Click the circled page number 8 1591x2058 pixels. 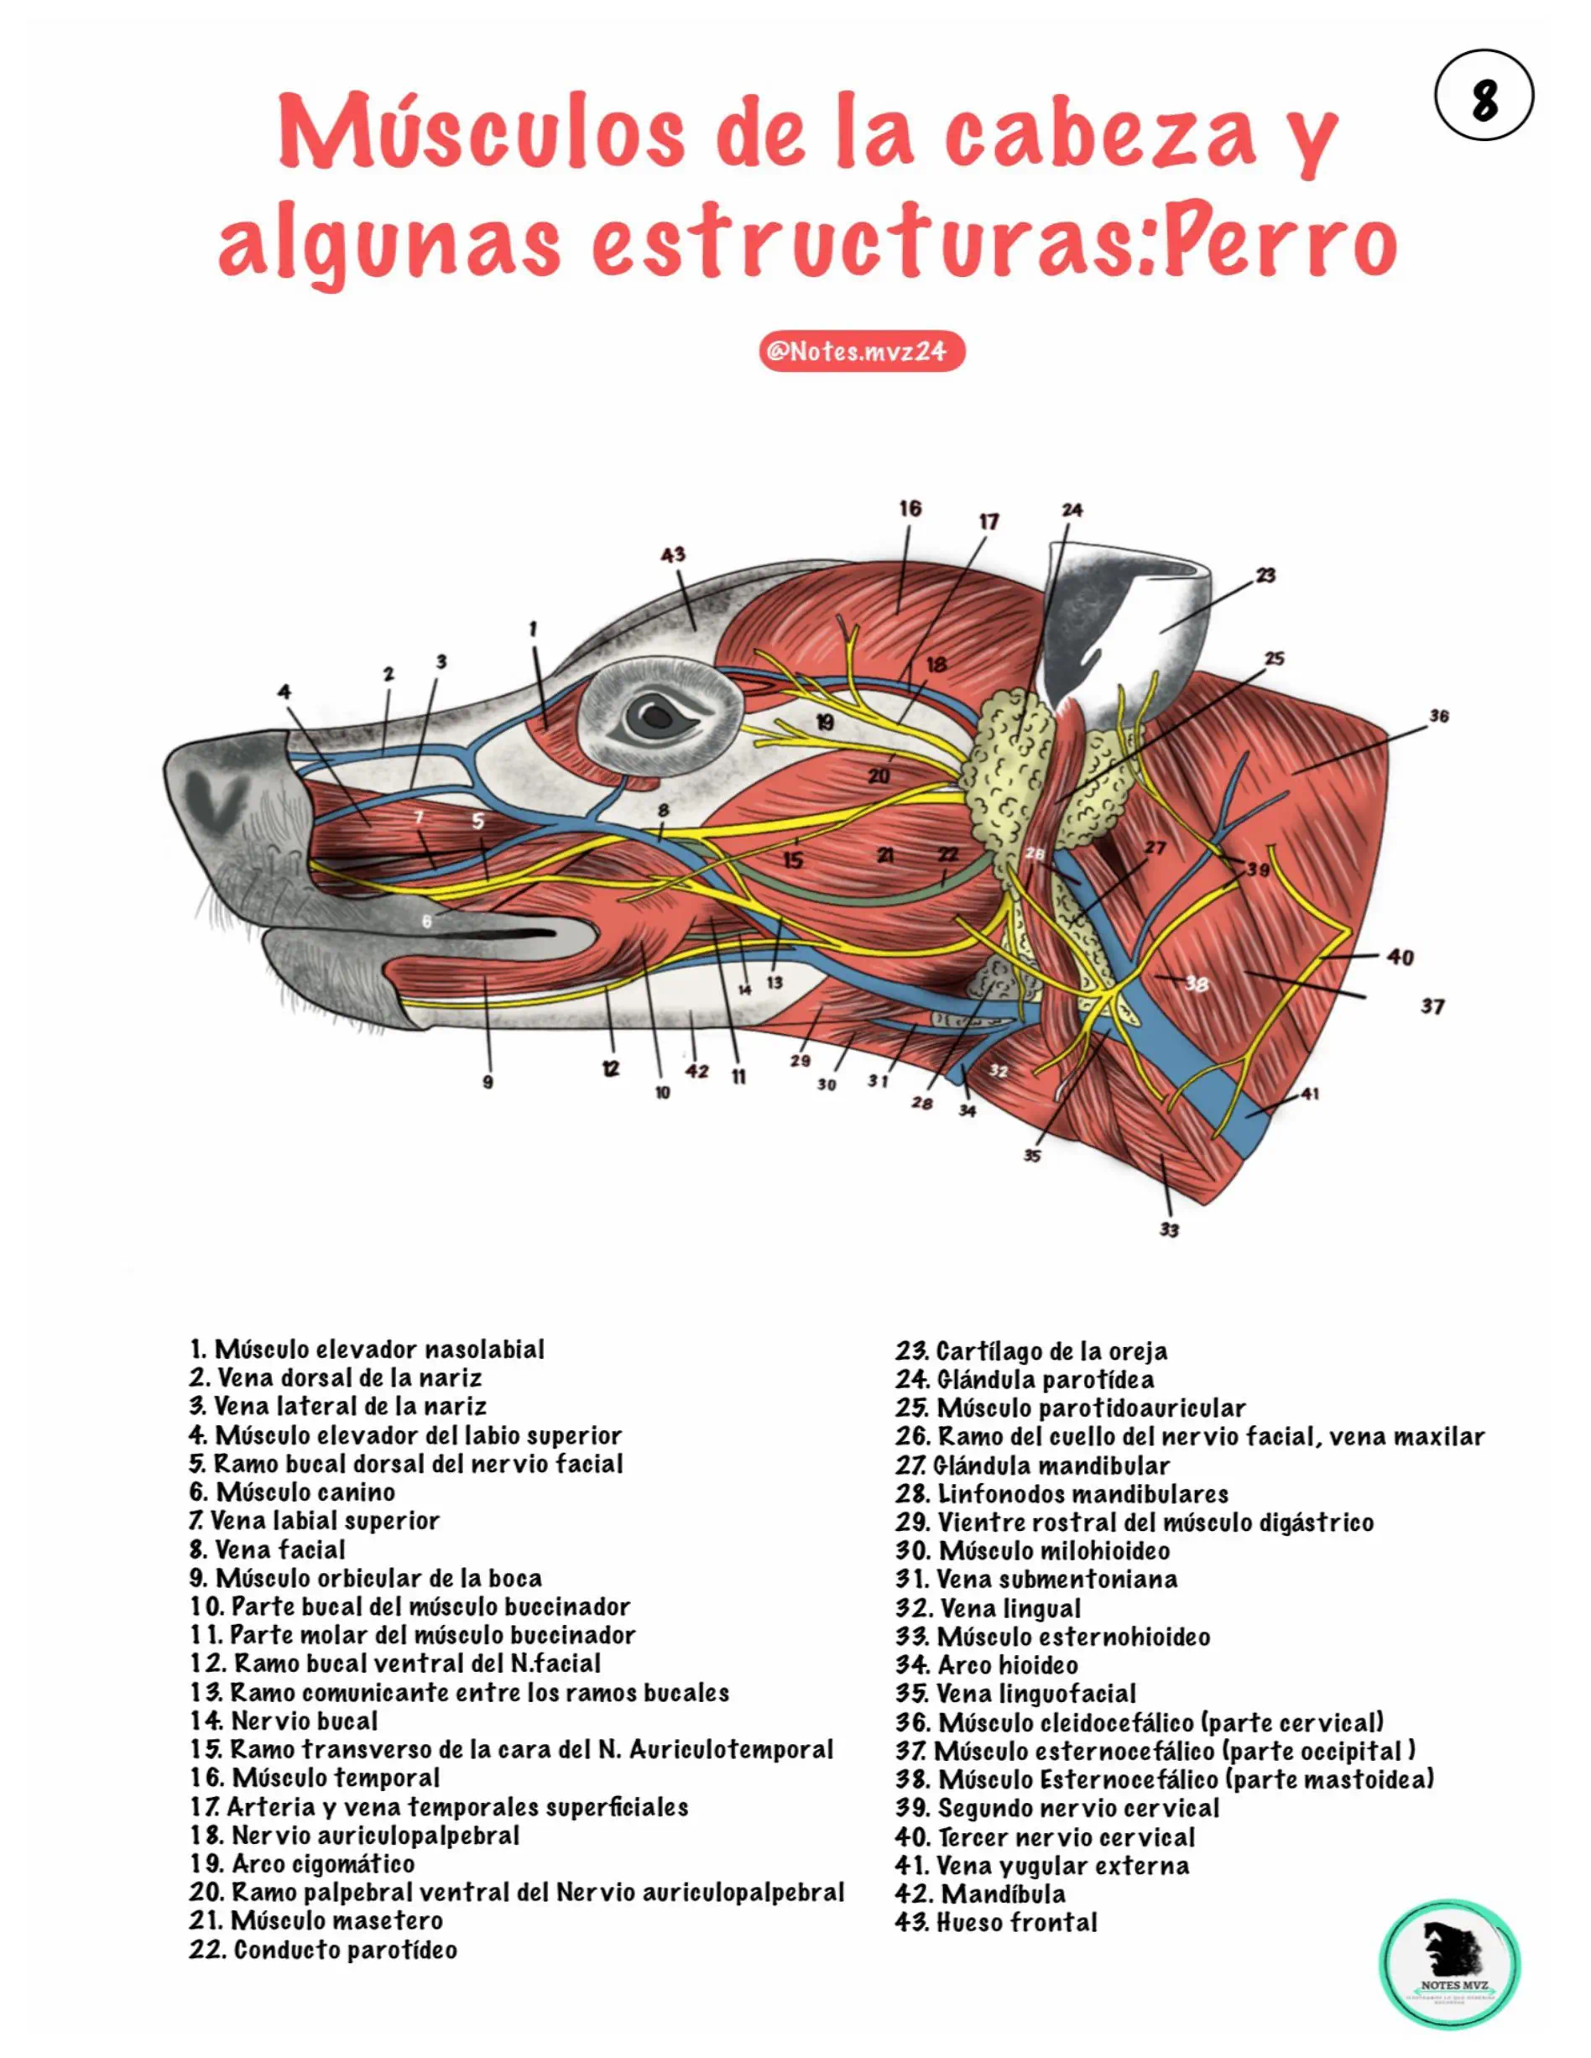(x=1484, y=95)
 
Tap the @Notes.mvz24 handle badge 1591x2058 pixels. (x=862, y=352)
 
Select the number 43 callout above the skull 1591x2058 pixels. (x=673, y=555)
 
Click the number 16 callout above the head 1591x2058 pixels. (x=910, y=509)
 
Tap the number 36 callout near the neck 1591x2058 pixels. (x=1438, y=716)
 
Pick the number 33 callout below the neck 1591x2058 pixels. (x=1169, y=1230)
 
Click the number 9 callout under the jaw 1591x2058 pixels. (x=488, y=1083)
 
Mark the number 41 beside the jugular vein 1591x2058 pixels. (x=1310, y=1094)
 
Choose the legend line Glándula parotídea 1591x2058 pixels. (x=1025, y=1380)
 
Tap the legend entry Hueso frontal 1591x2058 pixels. (x=997, y=1922)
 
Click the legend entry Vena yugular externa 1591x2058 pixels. (x=1043, y=1866)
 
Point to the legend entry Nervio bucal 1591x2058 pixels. (x=284, y=1721)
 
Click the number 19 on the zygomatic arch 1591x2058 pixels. (x=824, y=723)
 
